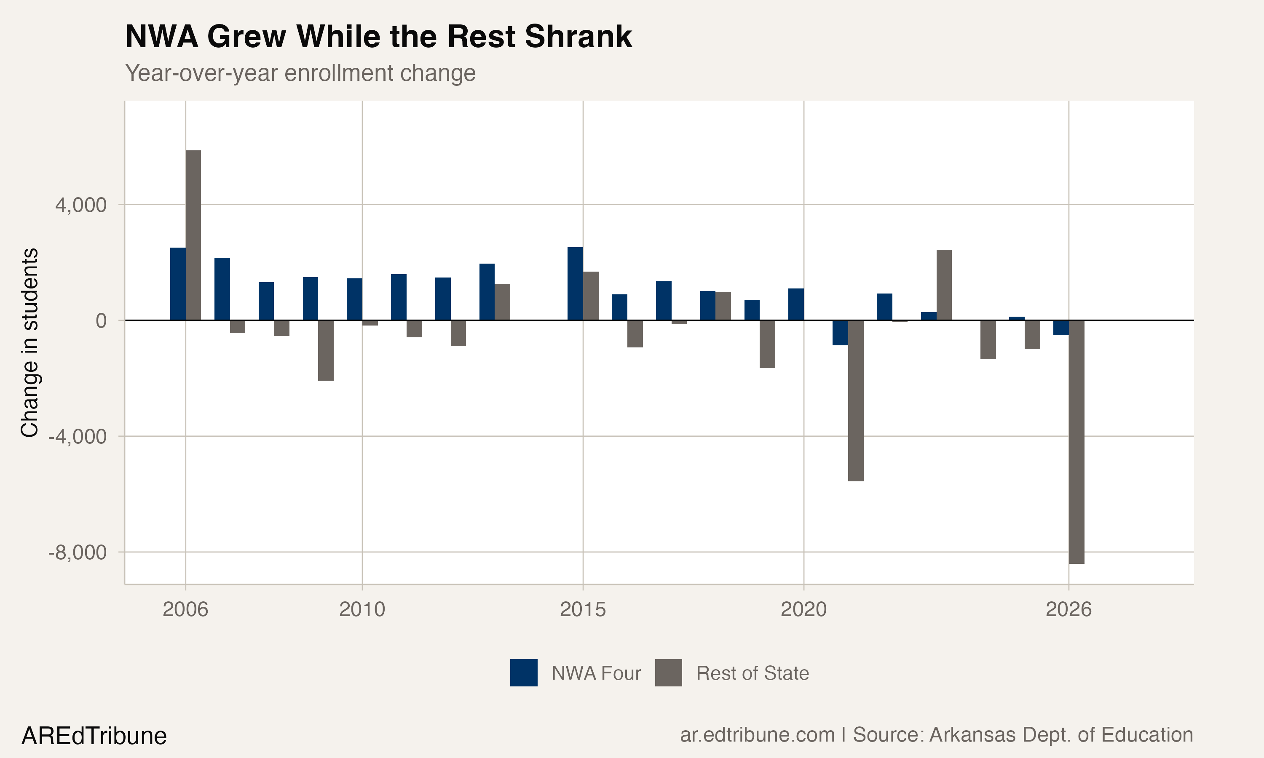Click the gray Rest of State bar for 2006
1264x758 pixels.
(193, 235)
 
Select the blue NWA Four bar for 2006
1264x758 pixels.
(178, 284)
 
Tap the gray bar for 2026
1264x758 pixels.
(1077, 442)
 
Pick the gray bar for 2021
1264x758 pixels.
(856, 400)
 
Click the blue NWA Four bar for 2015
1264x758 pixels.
(575, 284)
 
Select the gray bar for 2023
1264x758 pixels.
(944, 285)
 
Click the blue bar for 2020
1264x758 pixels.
(796, 304)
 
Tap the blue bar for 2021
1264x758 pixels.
(841, 333)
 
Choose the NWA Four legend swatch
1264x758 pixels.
(524, 673)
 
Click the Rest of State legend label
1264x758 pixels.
(752, 673)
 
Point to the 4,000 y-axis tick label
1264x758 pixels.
(81, 205)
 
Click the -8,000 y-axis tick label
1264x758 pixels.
(78, 552)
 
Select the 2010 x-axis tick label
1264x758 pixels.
(362, 609)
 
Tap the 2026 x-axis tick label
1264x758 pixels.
(1069, 609)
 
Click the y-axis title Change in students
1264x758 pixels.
(29, 342)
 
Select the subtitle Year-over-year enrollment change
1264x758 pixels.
(300, 73)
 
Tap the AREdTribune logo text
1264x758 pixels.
(94, 736)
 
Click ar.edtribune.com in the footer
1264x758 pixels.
(757, 734)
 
